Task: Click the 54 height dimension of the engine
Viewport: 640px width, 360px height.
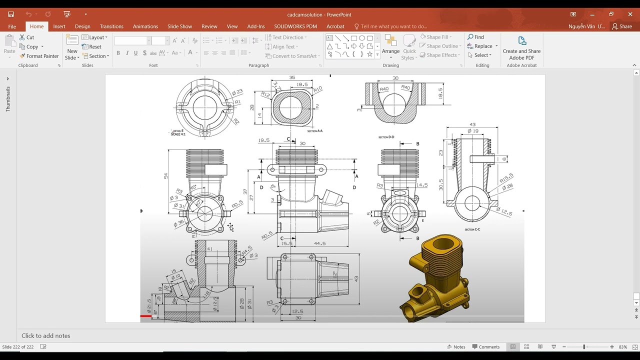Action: tap(166, 175)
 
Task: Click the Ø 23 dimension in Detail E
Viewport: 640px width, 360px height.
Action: tap(237, 92)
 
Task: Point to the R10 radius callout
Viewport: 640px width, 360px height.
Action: tap(318, 89)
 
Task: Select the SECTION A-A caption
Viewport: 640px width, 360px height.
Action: tap(315, 131)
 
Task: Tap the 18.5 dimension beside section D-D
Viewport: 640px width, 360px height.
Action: tap(440, 93)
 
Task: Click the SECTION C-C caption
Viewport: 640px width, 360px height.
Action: tap(472, 229)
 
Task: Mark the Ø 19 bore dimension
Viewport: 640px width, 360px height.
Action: tap(472, 131)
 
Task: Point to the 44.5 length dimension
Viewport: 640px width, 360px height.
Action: tap(320, 243)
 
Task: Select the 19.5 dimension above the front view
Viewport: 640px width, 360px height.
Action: tap(263, 140)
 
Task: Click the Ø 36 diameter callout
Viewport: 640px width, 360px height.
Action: tap(179, 223)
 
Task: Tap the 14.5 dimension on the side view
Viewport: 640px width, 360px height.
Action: tap(421, 185)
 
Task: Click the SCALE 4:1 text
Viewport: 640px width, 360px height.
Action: tap(178, 134)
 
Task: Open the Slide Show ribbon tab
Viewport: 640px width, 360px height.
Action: tap(179, 26)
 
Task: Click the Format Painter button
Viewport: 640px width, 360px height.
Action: tap(39, 56)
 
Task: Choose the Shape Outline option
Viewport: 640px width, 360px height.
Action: tap(440, 46)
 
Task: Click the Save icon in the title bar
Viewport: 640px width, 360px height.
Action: tap(11, 14)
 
